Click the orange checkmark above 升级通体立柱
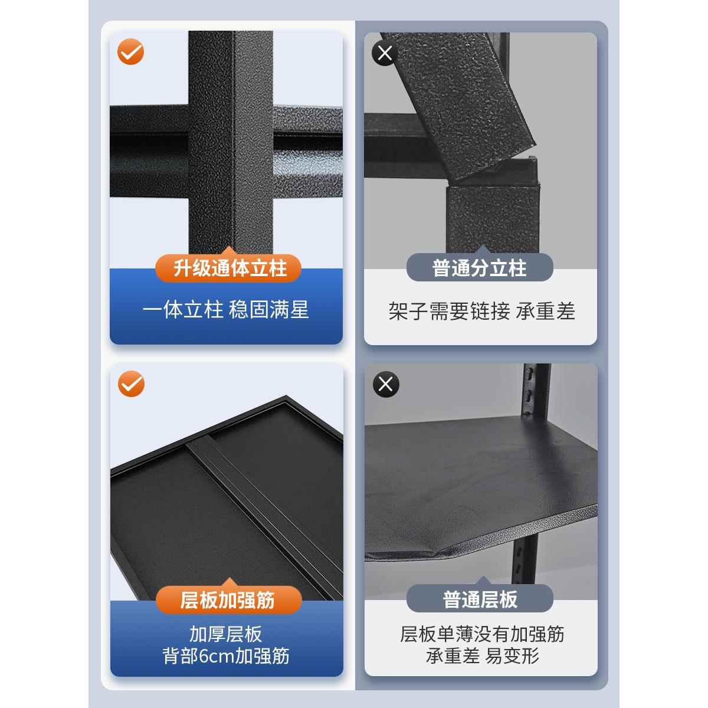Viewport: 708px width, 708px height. click(x=130, y=53)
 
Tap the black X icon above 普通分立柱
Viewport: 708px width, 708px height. click(x=385, y=54)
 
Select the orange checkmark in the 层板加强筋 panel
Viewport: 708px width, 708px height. click(x=130, y=384)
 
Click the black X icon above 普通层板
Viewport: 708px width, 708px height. click(x=386, y=385)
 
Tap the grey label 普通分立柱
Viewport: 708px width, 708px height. click(x=479, y=268)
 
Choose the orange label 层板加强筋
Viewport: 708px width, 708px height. click(x=228, y=600)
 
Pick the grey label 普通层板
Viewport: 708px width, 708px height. click(x=479, y=600)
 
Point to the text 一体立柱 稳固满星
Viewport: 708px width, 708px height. click(x=225, y=310)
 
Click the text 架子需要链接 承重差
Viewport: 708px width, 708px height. click(x=481, y=311)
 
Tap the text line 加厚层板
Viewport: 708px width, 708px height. click(x=225, y=634)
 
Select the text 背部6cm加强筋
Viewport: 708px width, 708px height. click(x=225, y=656)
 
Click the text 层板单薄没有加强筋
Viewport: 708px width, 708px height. click(x=481, y=634)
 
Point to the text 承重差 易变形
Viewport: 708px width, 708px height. click(x=481, y=656)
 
